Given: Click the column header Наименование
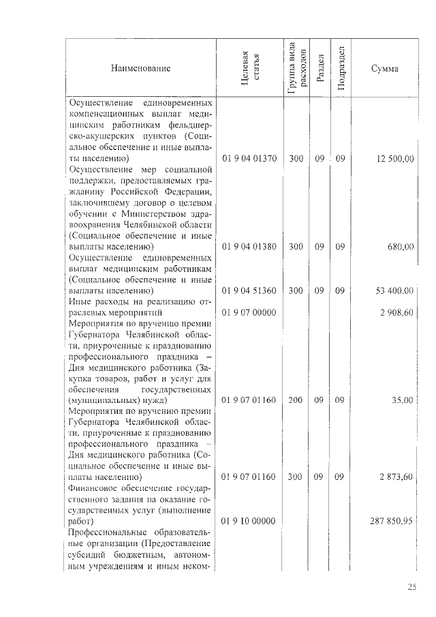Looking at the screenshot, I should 142,68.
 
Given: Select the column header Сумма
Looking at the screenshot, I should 385,68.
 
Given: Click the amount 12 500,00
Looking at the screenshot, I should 394,159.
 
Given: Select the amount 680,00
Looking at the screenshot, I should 401,247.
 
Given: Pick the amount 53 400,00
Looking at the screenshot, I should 394,290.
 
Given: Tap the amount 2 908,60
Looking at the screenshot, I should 397,312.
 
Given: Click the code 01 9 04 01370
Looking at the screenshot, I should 249,159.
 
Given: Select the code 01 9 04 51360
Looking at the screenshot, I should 249,290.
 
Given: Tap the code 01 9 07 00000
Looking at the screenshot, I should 249,312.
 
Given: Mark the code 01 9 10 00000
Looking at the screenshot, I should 249,522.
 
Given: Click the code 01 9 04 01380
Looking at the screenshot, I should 249,247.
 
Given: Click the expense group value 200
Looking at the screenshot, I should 296,400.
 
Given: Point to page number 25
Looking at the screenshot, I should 412,588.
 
